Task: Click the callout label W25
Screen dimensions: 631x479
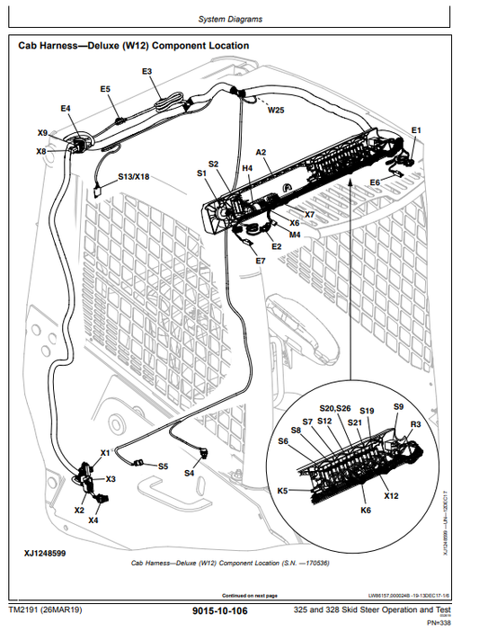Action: (276, 111)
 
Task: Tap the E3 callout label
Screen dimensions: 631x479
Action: (146, 71)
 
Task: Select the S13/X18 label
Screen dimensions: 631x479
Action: (134, 177)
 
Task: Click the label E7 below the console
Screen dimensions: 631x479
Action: (260, 261)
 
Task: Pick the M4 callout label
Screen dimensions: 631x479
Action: (295, 235)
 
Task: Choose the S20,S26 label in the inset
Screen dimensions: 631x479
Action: (335, 408)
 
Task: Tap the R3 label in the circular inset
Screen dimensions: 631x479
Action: (415, 423)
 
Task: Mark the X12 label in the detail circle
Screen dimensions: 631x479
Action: (391, 495)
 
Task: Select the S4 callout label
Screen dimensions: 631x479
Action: (190, 473)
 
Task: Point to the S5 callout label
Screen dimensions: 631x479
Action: (163, 467)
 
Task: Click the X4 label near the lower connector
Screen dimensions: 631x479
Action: (93, 520)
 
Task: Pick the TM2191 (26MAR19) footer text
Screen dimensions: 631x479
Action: (45, 611)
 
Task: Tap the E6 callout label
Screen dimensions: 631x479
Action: (375, 182)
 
